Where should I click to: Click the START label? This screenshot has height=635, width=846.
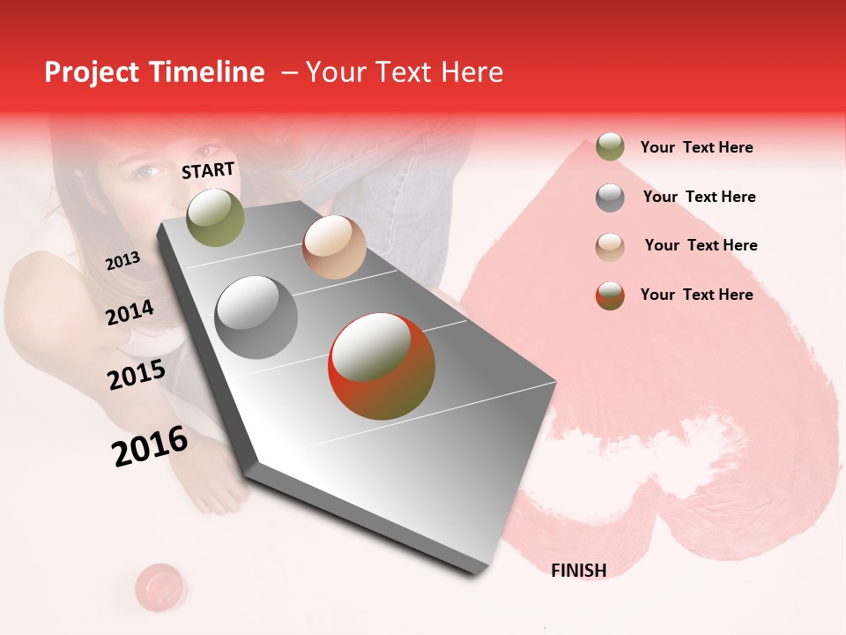[208, 170]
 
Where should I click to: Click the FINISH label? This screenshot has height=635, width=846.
[578, 571]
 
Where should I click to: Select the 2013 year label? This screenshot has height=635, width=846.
[122, 260]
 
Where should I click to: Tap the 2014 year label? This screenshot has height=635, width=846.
[130, 312]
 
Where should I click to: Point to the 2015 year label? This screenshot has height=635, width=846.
[136, 375]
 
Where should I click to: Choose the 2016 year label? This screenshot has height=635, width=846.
[150, 445]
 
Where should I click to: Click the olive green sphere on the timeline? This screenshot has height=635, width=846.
[215, 217]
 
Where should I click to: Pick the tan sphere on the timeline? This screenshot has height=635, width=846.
[334, 247]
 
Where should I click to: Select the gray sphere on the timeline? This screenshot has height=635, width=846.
[256, 317]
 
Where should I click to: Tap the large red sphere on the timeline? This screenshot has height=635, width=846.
[382, 366]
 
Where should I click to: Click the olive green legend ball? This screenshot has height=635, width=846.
[610, 146]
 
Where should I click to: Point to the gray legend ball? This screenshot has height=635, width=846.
[610, 198]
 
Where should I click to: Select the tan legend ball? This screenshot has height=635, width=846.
[610, 246]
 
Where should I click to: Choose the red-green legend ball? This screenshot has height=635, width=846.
[610, 295]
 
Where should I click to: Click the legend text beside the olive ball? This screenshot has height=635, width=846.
[696, 147]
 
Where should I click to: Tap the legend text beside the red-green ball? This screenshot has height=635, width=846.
[696, 295]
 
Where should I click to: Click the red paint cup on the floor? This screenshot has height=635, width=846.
[160, 583]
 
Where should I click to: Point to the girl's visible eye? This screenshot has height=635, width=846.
[147, 171]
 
